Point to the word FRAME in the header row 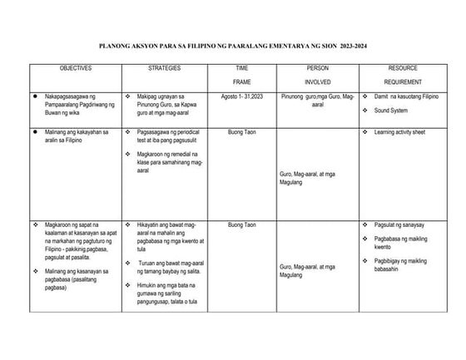242,82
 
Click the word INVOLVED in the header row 318,82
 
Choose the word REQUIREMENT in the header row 402,82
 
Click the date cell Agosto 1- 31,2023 242,96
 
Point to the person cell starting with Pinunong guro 318,100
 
